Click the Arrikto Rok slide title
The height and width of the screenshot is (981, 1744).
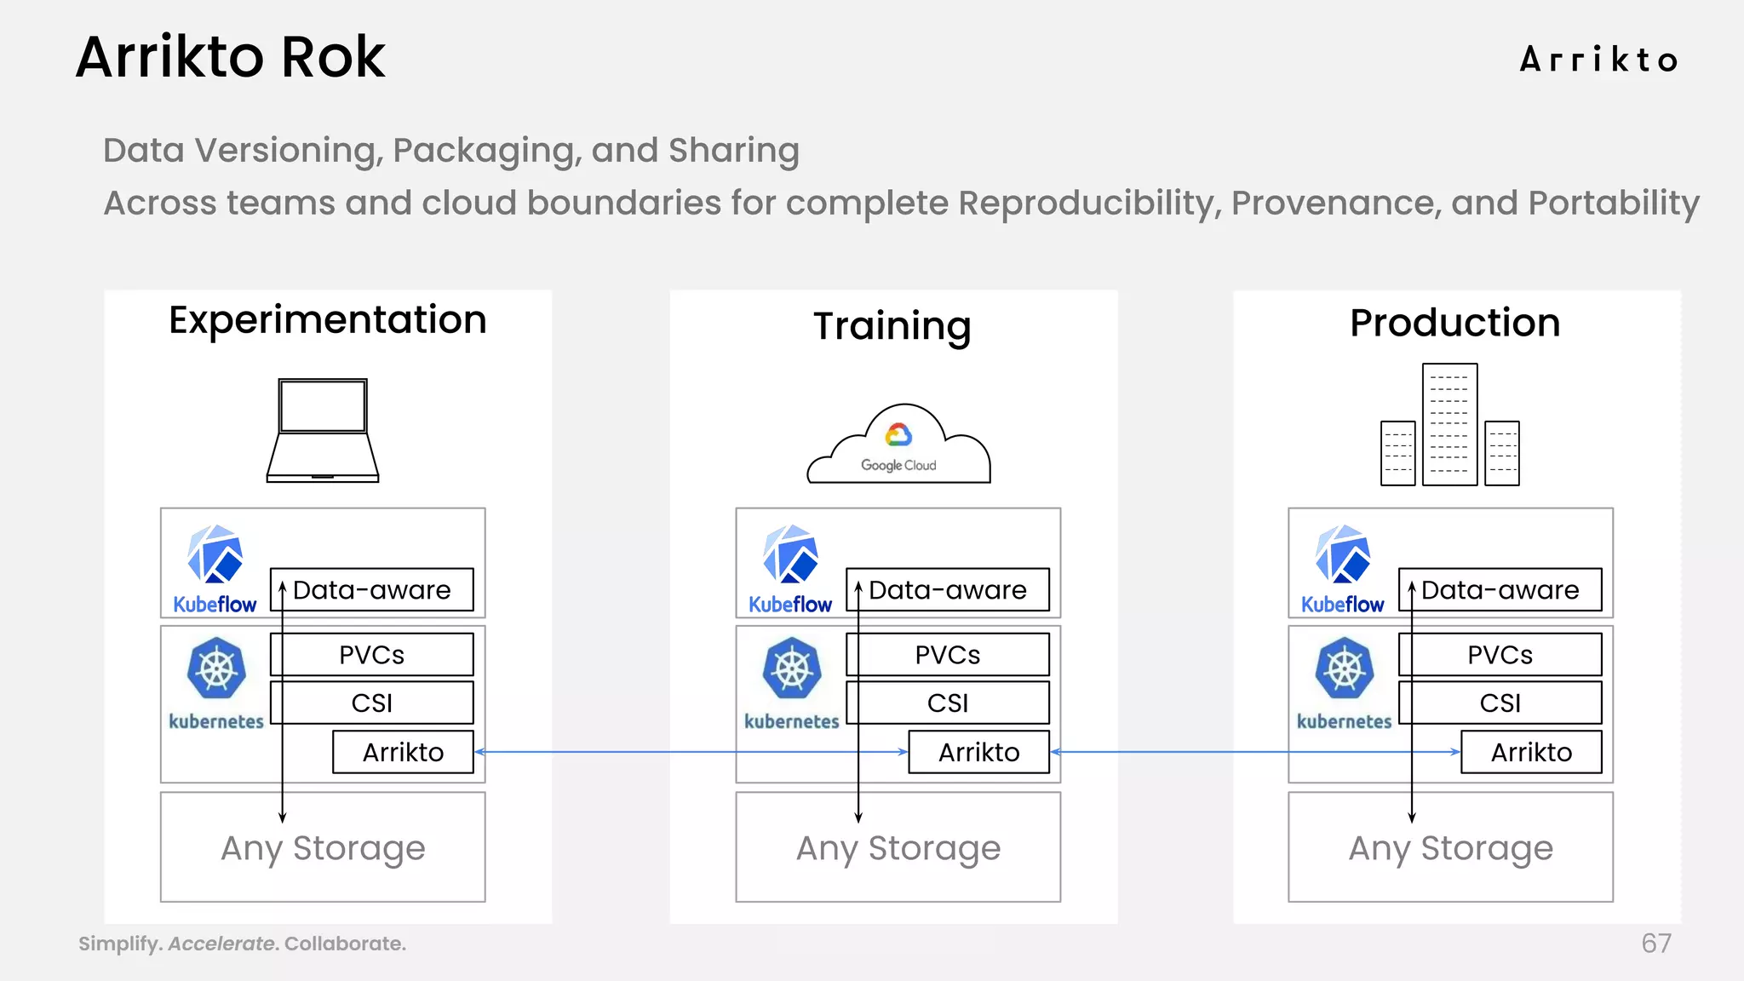230,58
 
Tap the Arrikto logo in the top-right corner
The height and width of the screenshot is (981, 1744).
1598,60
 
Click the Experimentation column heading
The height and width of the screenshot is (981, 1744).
328,321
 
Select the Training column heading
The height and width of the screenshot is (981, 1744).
892,327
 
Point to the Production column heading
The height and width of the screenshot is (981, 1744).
1454,324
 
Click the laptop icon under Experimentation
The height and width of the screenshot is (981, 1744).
323,431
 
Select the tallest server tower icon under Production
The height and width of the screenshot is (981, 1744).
1449,424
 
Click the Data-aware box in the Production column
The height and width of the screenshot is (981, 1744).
1500,590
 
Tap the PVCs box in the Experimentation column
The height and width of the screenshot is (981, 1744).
372,655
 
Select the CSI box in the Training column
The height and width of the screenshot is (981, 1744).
948,703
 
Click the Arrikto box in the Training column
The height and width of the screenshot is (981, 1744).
978,752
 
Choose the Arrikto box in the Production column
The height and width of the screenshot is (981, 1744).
1531,752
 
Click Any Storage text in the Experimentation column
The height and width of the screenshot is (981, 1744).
323,848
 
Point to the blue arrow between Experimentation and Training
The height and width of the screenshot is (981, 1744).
690,752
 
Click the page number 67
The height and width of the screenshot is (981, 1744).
1655,944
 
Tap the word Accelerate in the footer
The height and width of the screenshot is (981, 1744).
222,944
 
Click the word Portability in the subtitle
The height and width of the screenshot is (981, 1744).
1614,204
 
